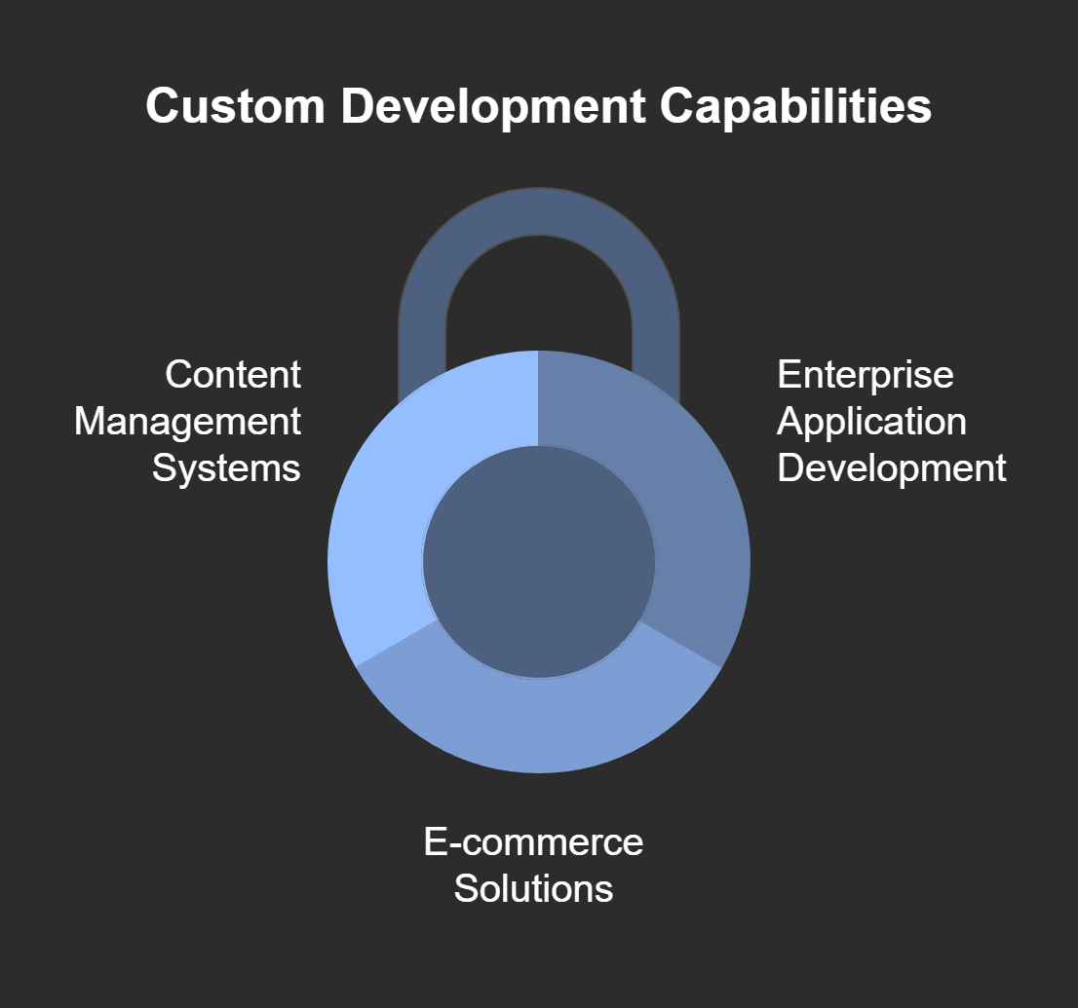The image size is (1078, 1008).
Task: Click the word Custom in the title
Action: click(x=235, y=106)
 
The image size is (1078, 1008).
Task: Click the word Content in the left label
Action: click(x=233, y=374)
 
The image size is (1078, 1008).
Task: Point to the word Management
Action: click(x=187, y=422)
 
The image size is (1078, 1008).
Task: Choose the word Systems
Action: click(x=226, y=468)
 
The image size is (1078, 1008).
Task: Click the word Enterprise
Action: click(x=865, y=374)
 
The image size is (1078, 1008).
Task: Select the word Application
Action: click(x=871, y=422)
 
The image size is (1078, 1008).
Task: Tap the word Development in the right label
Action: click(x=891, y=468)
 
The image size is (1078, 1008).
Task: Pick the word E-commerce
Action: click(x=533, y=841)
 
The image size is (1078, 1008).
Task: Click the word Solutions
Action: click(x=533, y=888)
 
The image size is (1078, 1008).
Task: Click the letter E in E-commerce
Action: click(x=435, y=841)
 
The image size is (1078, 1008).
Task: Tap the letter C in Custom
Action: click(x=162, y=106)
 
